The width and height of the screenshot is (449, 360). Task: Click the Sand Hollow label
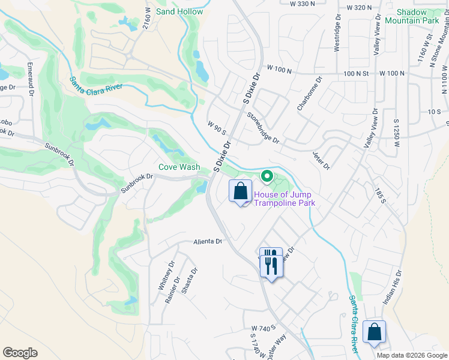point(179,11)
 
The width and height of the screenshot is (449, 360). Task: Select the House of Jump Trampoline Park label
point(284,199)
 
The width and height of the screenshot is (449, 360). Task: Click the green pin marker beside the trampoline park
point(267,177)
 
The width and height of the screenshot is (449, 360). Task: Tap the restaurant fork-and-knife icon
point(271,262)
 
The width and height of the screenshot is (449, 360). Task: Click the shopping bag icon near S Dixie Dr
point(240,192)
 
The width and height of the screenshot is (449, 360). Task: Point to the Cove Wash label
point(179,167)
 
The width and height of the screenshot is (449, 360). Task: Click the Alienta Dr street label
point(208,242)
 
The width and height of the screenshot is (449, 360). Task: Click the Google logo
point(20,353)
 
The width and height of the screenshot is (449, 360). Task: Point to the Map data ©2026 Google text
point(411,355)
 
